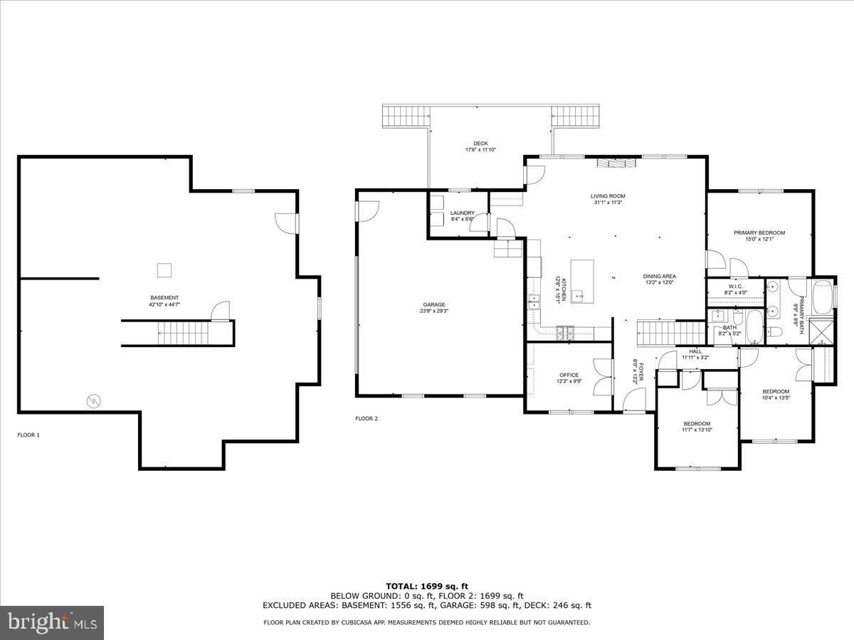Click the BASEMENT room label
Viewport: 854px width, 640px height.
click(x=164, y=297)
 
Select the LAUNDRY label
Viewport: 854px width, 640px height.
click(x=463, y=213)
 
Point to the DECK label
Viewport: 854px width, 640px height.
click(x=481, y=144)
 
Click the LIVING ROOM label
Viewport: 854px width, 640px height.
click(x=608, y=196)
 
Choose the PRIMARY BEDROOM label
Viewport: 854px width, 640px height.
click(x=759, y=233)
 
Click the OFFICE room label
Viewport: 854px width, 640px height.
click(x=569, y=375)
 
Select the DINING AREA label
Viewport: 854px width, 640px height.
click(x=659, y=276)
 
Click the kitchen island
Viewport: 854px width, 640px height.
click(x=582, y=280)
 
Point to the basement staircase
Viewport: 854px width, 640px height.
click(x=184, y=331)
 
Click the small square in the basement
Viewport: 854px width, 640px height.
click(x=164, y=270)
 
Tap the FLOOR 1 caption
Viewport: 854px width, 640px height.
click(x=28, y=434)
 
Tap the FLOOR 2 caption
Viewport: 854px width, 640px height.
click(x=367, y=418)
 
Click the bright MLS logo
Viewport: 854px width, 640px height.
click(x=52, y=624)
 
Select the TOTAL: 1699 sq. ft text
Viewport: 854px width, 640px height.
click(x=426, y=586)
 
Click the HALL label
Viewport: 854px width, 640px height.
click(x=695, y=351)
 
